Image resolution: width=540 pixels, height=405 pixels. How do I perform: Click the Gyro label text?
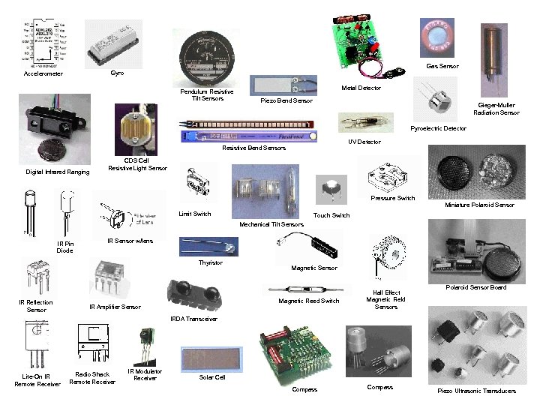tap(117, 73)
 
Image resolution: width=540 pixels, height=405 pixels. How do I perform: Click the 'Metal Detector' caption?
tap(361, 88)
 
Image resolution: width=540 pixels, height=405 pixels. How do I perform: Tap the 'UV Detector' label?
tap(364, 142)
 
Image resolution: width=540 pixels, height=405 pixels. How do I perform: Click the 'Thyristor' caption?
tap(211, 262)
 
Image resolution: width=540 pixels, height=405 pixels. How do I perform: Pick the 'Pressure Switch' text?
tap(392, 198)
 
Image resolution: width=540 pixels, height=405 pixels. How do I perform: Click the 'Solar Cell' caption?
tap(211, 377)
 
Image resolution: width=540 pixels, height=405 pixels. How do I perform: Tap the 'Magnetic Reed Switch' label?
tap(309, 301)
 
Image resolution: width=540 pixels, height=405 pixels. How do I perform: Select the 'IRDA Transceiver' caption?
tap(195, 319)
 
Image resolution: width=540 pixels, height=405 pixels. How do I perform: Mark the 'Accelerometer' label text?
tap(43, 74)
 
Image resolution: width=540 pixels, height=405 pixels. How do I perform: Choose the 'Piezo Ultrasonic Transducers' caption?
tap(476, 391)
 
